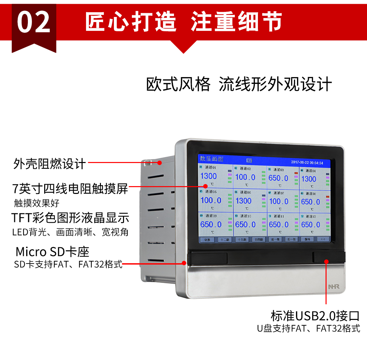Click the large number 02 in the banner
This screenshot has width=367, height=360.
tap(34, 22)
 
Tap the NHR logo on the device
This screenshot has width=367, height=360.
tap(334, 287)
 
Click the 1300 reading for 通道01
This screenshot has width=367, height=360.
tap(208, 176)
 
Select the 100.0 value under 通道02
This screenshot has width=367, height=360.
tap(245, 177)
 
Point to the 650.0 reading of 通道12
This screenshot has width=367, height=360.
tap(311, 224)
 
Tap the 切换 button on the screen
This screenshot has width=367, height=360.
tap(207, 239)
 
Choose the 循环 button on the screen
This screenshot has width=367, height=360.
tap(308, 239)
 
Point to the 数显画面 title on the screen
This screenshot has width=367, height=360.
tap(211, 159)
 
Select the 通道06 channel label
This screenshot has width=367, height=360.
tap(245, 192)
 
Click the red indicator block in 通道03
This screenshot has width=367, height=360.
tap(296, 173)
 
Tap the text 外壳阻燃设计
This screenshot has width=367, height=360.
tap(50, 164)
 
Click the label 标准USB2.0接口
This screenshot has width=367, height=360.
tap(315, 316)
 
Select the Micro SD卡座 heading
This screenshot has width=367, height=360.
tap(52, 252)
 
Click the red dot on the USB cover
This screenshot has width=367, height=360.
tap(326, 261)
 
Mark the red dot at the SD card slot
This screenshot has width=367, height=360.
tap(184, 263)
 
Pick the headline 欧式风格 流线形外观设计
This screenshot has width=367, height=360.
tap(239, 84)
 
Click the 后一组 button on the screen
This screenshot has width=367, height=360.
tap(291, 239)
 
